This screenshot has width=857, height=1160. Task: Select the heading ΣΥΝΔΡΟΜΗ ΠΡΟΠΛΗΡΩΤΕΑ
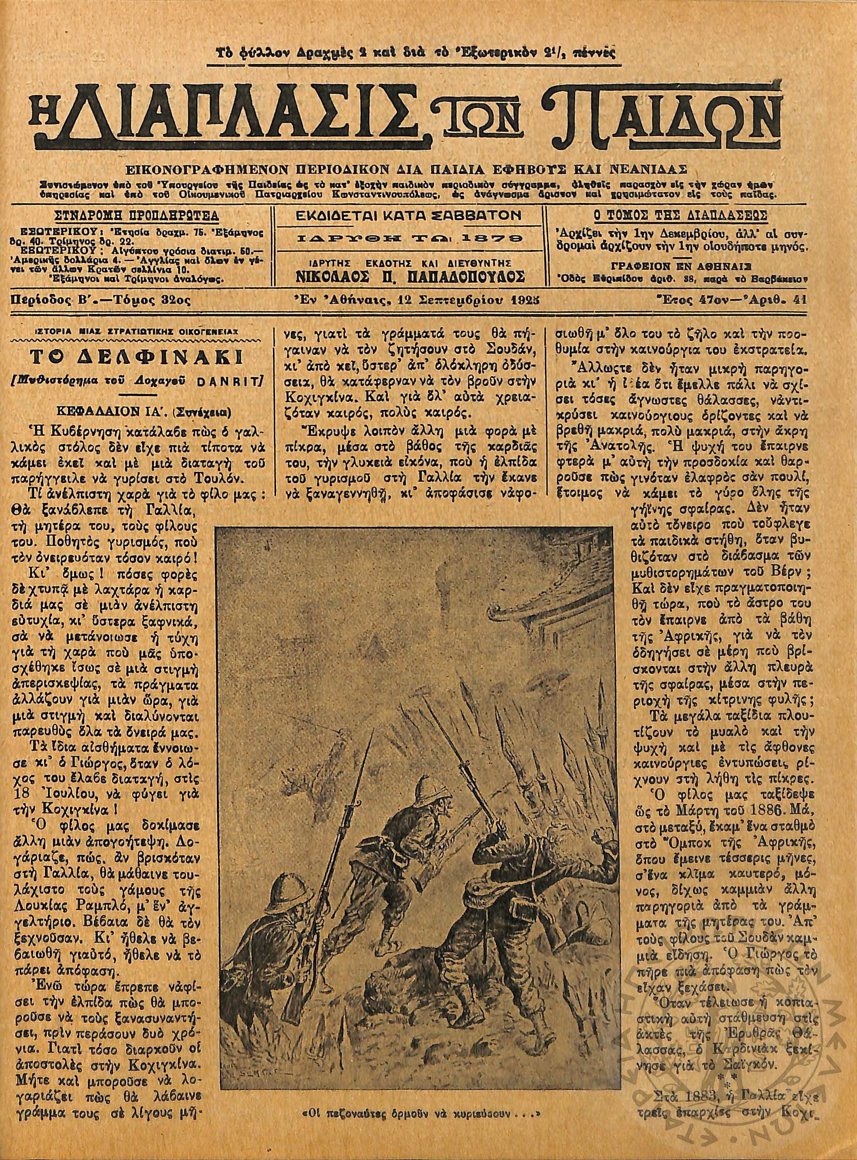click(x=137, y=215)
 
